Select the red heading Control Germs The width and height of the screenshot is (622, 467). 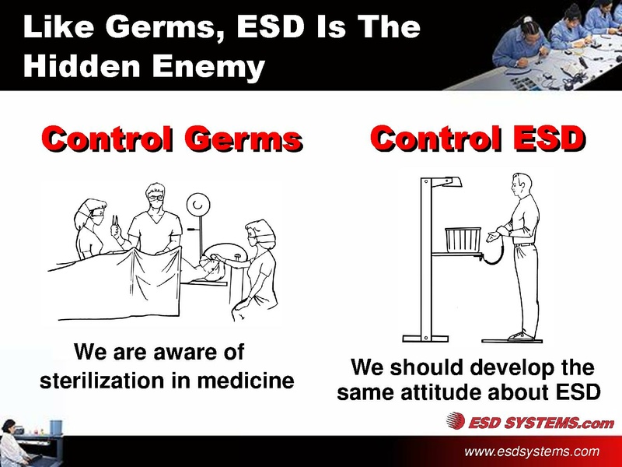[171, 140]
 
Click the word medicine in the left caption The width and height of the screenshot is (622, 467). [248, 381]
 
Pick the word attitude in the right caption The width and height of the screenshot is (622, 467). [456, 392]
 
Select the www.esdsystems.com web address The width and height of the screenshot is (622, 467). [532, 451]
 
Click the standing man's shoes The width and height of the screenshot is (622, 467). [520, 335]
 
